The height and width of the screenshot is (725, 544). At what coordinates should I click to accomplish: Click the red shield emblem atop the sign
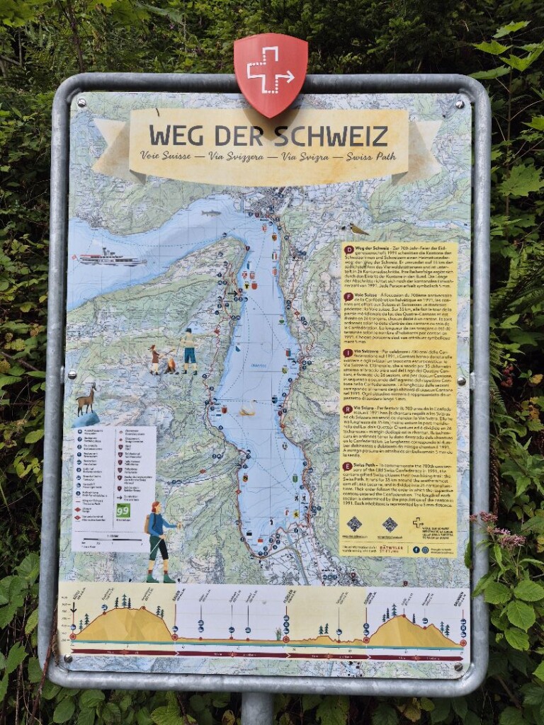tap(271, 73)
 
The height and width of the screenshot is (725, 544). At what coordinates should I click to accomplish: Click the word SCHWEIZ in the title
tap(331, 135)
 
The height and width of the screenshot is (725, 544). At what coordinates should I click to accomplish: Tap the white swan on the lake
tap(247, 409)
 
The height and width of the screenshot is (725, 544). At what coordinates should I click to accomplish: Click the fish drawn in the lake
tap(210, 212)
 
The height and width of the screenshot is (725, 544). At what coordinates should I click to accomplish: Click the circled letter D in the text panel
tap(348, 249)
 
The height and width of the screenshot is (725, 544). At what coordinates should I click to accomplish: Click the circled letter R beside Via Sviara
tap(348, 409)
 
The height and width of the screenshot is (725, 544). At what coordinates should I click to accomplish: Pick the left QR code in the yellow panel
tap(353, 524)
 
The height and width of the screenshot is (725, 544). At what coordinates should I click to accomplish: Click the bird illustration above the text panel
tap(358, 229)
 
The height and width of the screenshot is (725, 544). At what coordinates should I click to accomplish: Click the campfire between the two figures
tap(170, 366)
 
